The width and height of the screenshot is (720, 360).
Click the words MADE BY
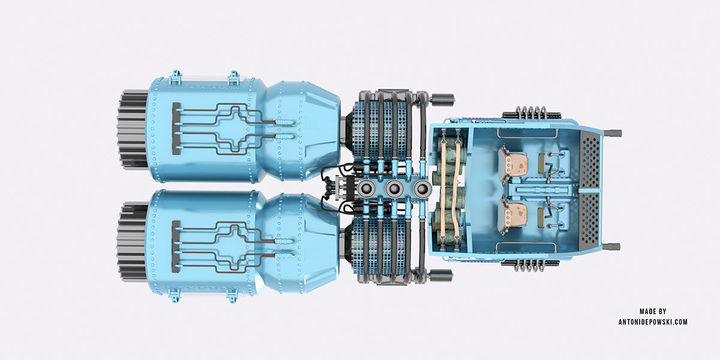coord(653,311)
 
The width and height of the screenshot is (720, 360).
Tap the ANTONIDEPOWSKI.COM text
coord(653,322)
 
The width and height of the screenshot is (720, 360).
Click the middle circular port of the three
coord(394,189)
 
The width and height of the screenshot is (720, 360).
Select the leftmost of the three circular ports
coord(367,189)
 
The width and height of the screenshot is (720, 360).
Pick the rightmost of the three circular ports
coord(422,189)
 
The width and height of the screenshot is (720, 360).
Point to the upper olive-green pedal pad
coord(542,160)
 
